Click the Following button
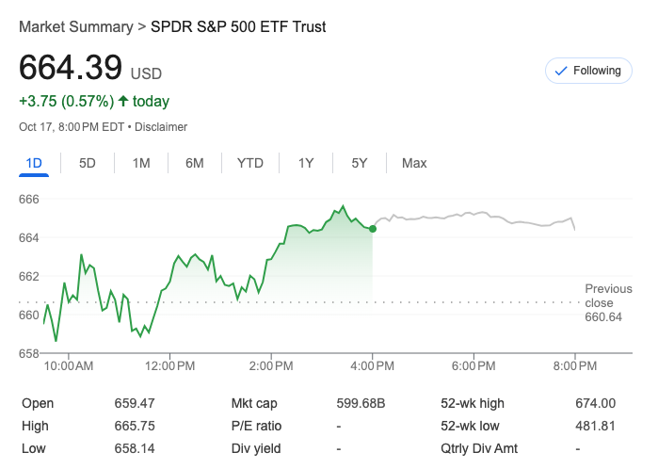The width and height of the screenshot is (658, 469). [x=588, y=71]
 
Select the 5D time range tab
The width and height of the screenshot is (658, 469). [x=88, y=163]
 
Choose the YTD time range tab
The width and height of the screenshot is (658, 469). [x=249, y=163]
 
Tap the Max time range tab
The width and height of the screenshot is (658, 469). [x=414, y=163]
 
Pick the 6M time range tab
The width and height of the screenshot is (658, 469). [x=195, y=163]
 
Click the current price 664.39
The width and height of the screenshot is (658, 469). [x=71, y=68]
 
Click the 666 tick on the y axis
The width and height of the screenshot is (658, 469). [x=29, y=199]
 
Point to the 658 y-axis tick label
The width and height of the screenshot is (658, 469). [x=29, y=353]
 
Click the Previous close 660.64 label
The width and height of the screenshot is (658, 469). [x=607, y=303]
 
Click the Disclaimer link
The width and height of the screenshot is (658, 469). [x=164, y=127]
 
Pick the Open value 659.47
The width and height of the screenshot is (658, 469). [x=135, y=403]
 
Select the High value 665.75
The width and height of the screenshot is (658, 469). [x=135, y=426]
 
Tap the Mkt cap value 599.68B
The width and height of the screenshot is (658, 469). [x=361, y=403]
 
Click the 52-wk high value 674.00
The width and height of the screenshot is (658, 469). [x=595, y=403]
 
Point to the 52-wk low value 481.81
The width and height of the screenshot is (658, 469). [x=595, y=426]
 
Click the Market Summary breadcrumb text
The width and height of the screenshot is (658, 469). [x=76, y=27]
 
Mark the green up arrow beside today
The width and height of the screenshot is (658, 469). [x=123, y=101]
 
